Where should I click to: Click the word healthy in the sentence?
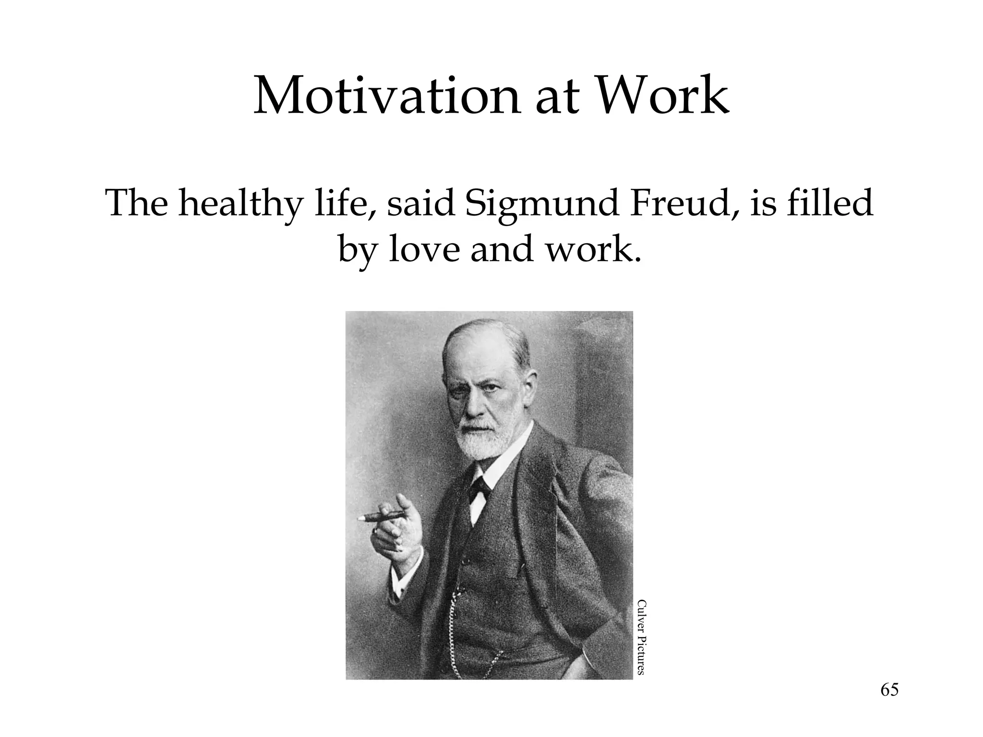[240, 204]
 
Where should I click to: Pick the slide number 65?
[889, 703]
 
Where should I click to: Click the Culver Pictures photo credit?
[641, 637]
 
